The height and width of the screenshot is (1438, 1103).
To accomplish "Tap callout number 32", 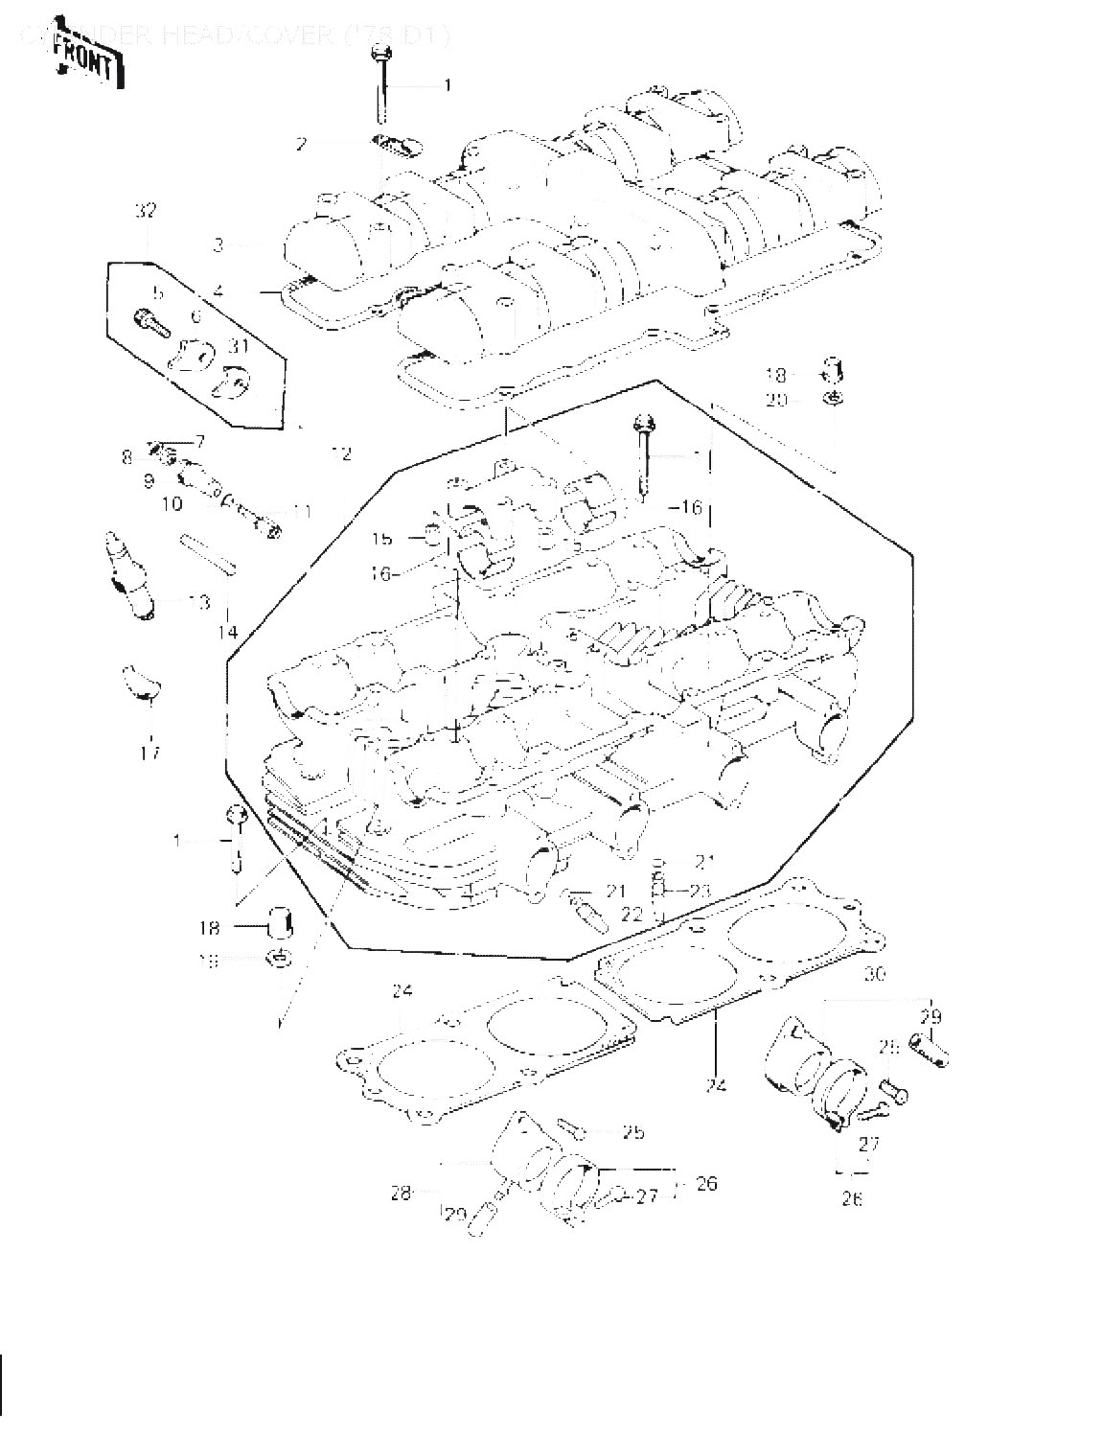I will pyautogui.click(x=146, y=211).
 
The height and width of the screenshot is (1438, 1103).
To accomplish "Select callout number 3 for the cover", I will pyautogui.click(x=218, y=245).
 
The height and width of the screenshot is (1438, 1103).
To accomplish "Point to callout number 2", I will pyautogui.click(x=301, y=144).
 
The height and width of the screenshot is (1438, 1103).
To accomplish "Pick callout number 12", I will pyautogui.click(x=342, y=453).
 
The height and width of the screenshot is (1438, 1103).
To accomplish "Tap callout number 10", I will pyautogui.click(x=172, y=503).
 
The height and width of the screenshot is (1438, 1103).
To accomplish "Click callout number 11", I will pyautogui.click(x=302, y=511).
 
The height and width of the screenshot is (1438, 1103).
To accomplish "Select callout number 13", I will pyautogui.click(x=198, y=602).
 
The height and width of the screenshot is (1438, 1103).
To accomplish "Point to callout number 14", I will pyautogui.click(x=227, y=632).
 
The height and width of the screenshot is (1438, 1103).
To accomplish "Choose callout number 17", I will pyautogui.click(x=149, y=752).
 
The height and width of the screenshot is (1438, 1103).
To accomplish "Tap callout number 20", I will pyautogui.click(x=775, y=399).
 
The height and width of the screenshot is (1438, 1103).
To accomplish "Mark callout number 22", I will pyautogui.click(x=631, y=914).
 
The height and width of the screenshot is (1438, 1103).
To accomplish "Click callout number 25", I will pyautogui.click(x=632, y=1132).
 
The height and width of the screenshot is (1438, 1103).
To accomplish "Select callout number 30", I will pyautogui.click(x=874, y=975).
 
